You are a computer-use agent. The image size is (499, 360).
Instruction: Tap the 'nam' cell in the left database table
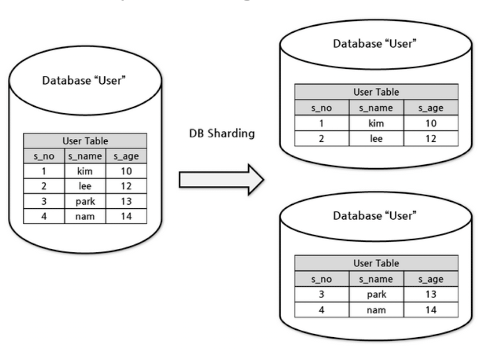[x=85, y=217]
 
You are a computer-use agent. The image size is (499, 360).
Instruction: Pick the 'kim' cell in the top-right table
[x=376, y=123]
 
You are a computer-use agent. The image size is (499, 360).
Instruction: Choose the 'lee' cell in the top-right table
[x=376, y=138]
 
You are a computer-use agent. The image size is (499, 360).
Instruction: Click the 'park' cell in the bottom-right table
[x=376, y=294]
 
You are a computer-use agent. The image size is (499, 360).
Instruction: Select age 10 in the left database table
[x=126, y=172]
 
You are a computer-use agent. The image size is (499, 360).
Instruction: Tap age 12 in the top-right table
[x=431, y=138]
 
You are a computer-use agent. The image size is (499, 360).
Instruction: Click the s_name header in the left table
[x=85, y=157]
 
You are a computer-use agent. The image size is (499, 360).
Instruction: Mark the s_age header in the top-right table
[x=431, y=108]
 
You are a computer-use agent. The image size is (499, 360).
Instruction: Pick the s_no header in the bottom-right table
[x=321, y=279]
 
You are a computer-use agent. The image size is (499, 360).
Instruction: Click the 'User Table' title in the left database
[x=85, y=141]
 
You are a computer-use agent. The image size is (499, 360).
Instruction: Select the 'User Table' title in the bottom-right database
[x=376, y=263]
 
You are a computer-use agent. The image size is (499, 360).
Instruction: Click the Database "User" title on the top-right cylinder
[x=374, y=43]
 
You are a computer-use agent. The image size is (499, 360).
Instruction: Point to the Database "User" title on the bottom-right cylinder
[x=374, y=216]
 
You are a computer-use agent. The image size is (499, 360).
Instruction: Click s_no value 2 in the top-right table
[x=321, y=138]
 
